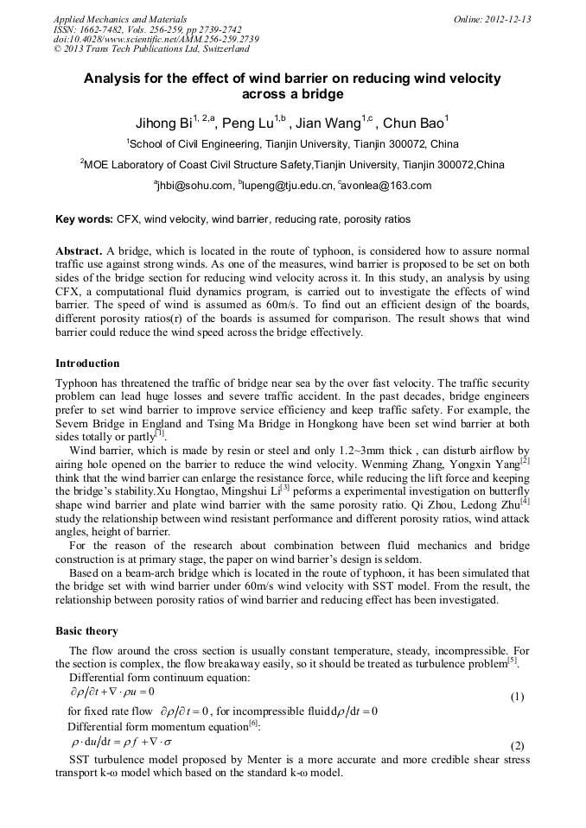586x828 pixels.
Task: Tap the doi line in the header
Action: pyautogui.click(x=156, y=39)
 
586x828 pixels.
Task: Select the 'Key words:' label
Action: pyautogui.click(x=84, y=219)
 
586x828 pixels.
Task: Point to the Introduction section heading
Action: pyautogui.click(x=87, y=363)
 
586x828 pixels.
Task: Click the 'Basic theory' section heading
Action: pyautogui.click(x=86, y=630)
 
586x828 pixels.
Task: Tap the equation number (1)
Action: pyautogui.click(x=517, y=696)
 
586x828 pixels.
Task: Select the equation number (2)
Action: pyautogui.click(x=517, y=745)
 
